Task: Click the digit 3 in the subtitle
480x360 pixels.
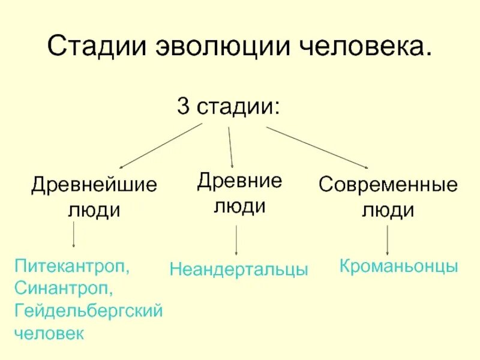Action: [x=183, y=108]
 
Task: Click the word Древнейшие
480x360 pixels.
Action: [x=94, y=184]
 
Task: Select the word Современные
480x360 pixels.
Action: [x=388, y=184]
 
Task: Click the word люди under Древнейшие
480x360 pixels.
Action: [x=94, y=210]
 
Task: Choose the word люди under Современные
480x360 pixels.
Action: [x=388, y=210]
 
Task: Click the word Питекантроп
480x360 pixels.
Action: [x=72, y=265]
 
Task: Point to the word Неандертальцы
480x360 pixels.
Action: [x=239, y=269]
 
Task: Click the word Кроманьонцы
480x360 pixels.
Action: [x=399, y=266]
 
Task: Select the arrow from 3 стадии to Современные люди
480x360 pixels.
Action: [x=317, y=148]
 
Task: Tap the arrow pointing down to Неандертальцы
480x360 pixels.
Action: [x=236, y=241]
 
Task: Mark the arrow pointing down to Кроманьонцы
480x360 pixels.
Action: [x=387, y=241]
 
